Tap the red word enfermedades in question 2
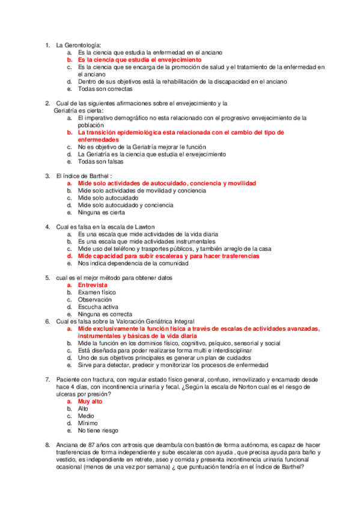click(x=100, y=140)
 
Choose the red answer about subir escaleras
click(x=168, y=256)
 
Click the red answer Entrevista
click(x=93, y=285)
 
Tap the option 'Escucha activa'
click(x=98, y=307)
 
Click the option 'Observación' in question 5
click(x=95, y=300)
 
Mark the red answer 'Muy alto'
click(x=90, y=401)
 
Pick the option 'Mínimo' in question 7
click(x=88, y=423)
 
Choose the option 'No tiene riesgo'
click(x=98, y=430)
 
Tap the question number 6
click(x=47, y=321)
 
